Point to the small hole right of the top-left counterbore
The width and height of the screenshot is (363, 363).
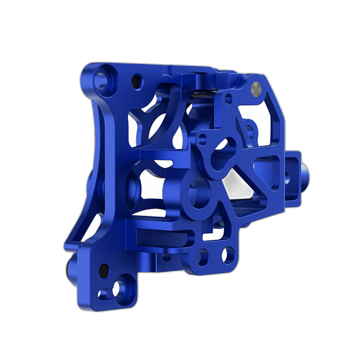[137, 78]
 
